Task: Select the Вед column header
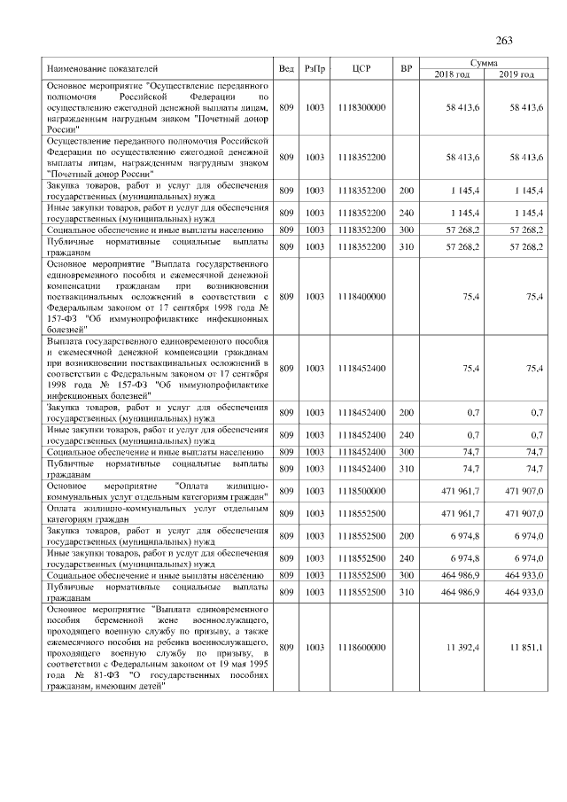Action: pos(286,69)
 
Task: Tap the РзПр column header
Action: pos(315,69)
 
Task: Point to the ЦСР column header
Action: pos(361,69)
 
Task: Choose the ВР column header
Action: pos(406,69)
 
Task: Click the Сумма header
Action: pos(483,64)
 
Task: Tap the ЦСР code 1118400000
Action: pos(361,297)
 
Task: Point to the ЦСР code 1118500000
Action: pos(361,491)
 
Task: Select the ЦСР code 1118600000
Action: pos(361,649)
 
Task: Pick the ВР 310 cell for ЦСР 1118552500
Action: pos(406,592)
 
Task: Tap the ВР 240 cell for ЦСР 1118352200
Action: pos(406,214)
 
